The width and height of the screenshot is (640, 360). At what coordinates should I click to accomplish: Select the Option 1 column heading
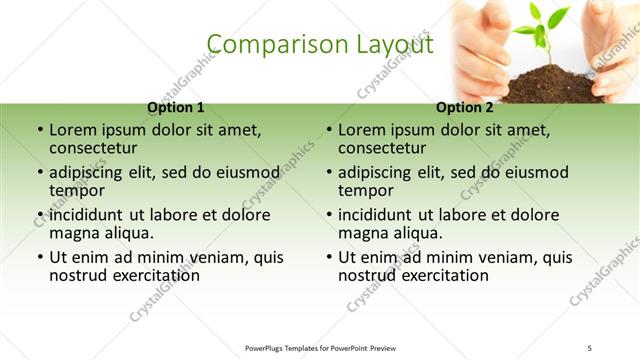176,107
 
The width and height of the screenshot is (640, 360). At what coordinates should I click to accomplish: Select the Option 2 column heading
465,107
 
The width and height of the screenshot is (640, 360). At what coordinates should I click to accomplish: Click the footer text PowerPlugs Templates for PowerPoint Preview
320,348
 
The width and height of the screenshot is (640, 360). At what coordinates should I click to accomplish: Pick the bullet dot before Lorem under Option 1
40,130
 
